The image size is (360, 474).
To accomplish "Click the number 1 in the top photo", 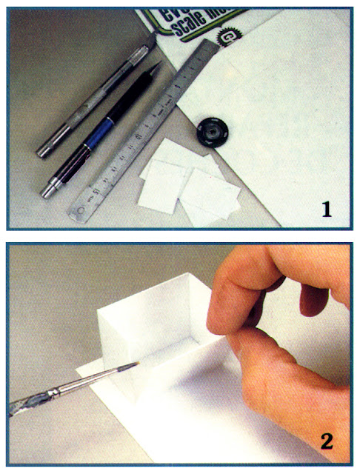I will point(326,208).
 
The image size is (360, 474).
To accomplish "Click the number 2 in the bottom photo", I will point(327,442).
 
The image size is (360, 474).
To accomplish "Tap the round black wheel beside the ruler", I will point(211,133).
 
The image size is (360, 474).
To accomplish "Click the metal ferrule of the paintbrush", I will point(96,378).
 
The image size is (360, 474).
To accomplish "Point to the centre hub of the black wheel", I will point(211,133).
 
